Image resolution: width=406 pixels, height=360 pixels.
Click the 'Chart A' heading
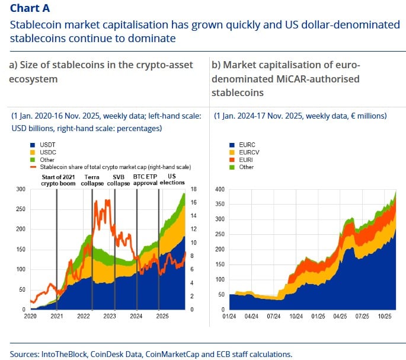point(30,8)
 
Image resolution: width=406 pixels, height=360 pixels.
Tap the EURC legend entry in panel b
point(245,144)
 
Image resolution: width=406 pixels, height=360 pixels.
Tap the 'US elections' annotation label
point(173,180)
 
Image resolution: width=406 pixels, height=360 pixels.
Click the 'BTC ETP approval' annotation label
point(147,180)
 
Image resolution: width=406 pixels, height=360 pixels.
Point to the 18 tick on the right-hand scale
point(193,189)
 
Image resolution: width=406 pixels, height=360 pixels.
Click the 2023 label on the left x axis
point(110,317)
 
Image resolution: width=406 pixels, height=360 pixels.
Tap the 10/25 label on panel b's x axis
point(383,317)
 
